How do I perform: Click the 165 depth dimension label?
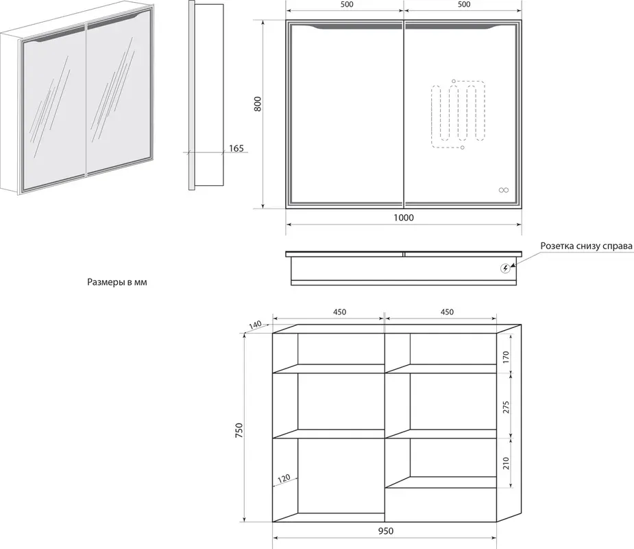tap(236, 148)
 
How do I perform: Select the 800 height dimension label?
tap(258, 104)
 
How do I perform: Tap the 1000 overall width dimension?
tap(404, 218)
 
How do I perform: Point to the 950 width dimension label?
tap(386, 530)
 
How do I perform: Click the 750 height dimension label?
tap(239, 430)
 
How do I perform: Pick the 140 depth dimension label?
tap(255, 325)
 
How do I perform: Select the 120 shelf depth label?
tap(284, 479)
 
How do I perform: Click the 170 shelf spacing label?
tap(506, 357)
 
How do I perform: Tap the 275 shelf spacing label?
tap(506, 407)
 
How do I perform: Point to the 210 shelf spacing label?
tap(506, 463)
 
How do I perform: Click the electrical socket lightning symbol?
tap(505, 268)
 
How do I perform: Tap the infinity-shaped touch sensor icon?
tap(503, 190)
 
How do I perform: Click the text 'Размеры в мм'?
tap(117, 282)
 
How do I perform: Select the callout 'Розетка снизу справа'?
tap(586, 246)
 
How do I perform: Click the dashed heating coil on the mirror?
tap(458, 115)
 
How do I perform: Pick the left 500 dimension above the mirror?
tap(347, 4)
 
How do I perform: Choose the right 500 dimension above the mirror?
tap(464, 4)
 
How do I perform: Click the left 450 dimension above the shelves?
tap(340, 312)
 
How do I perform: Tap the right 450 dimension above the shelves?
tap(447, 312)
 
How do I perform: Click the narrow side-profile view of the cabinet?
tap(206, 95)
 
